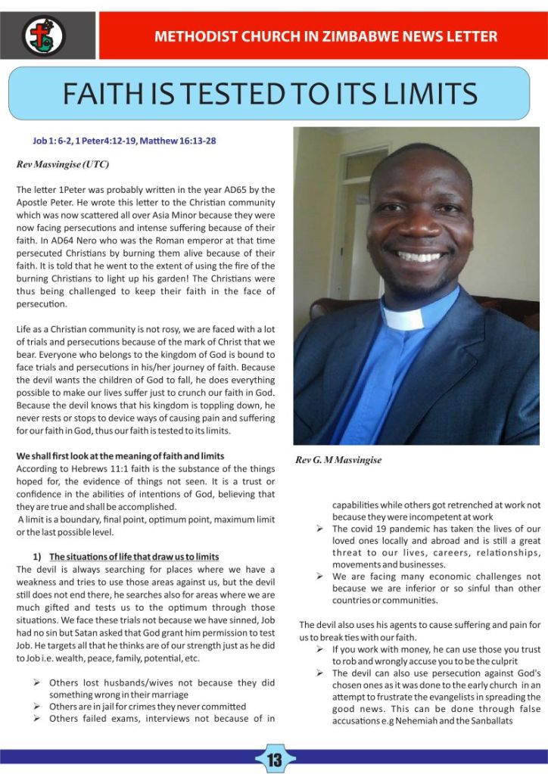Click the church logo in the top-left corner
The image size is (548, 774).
(43, 35)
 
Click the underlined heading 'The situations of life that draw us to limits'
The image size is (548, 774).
(134, 558)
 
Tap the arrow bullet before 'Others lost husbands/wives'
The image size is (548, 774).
(36, 683)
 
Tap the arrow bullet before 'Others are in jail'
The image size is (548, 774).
(36, 707)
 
